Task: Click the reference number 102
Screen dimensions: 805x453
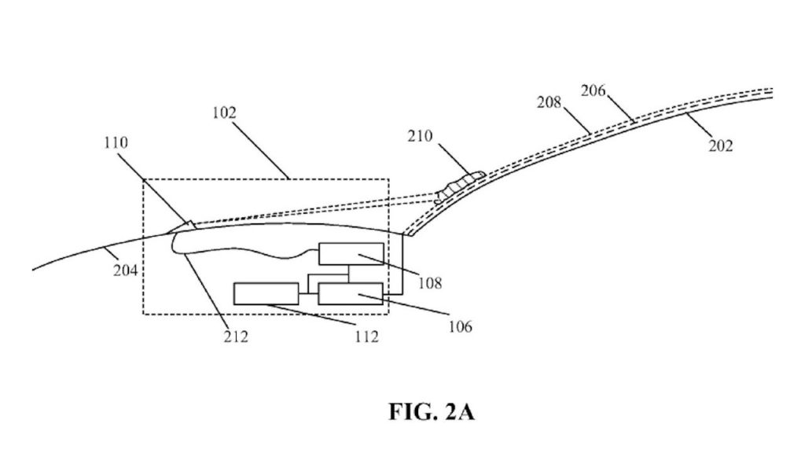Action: click(x=224, y=112)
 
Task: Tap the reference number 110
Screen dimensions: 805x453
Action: click(x=116, y=142)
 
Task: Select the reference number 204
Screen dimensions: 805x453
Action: click(x=125, y=270)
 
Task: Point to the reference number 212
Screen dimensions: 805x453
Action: click(x=236, y=337)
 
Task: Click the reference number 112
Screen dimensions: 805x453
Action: click(x=366, y=337)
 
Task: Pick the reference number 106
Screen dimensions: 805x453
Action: click(x=460, y=326)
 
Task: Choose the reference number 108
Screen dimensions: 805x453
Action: click(x=430, y=282)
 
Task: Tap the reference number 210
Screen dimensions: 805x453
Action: click(x=420, y=136)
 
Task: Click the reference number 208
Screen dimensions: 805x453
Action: click(x=550, y=102)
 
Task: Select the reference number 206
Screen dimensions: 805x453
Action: click(x=594, y=90)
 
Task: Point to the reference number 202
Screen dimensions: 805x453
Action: click(x=721, y=145)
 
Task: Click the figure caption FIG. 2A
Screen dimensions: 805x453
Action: click(x=432, y=412)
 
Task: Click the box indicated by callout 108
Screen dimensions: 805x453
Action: click(x=351, y=254)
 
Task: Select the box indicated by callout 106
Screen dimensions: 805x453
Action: click(x=351, y=294)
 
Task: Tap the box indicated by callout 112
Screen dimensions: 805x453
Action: click(x=266, y=294)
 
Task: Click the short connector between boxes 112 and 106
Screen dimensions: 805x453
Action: click(x=308, y=294)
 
